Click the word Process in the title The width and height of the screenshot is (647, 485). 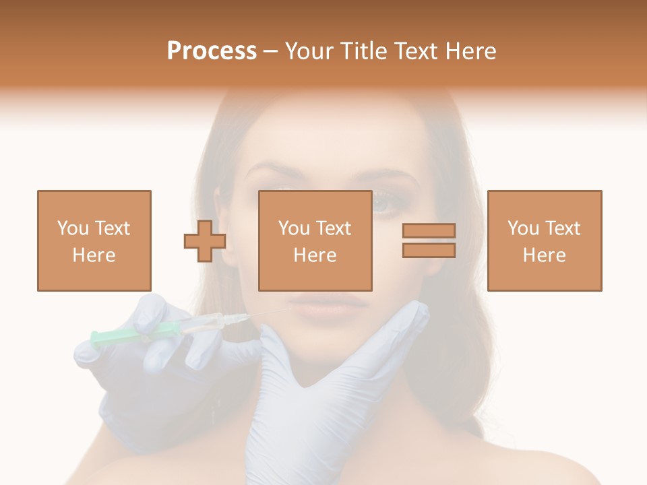[x=212, y=51]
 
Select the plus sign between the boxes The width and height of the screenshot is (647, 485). [x=205, y=240]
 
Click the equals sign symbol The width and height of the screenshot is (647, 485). [x=429, y=240]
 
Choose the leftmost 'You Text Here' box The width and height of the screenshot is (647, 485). [x=94, y=240]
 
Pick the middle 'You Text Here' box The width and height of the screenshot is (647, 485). [x=315, y=240]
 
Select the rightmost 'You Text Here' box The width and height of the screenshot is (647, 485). [x=545, y=240]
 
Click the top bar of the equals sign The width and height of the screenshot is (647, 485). [x=429, y=231]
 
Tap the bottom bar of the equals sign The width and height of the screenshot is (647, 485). [x=429, y=251]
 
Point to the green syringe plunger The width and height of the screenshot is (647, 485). [x=108, y=336]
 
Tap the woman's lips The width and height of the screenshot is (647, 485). [x=330, y=306]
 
